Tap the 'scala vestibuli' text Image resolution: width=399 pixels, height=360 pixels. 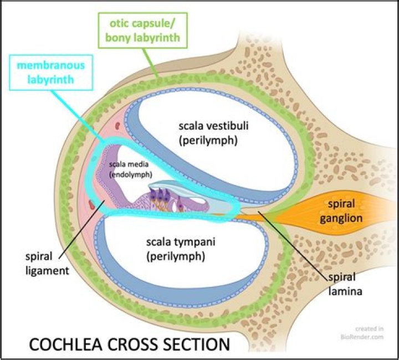coord(213,126)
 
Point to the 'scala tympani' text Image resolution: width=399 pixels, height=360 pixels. coord(181,242)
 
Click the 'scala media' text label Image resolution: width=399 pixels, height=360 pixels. coord(129,164)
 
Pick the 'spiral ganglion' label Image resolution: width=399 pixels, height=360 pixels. coord(341,211)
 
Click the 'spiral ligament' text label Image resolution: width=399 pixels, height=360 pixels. coord(47,264)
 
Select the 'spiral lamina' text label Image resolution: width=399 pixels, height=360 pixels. coord(345,284)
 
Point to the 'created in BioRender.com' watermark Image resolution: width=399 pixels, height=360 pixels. coord(362,333)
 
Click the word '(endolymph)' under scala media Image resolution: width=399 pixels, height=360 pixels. coord(131,174)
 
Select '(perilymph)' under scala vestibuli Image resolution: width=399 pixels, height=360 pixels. coord(208,140)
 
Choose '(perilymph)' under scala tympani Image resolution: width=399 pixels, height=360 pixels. coord(176,256)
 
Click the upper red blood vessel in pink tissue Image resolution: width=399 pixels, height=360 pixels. coord(117,126)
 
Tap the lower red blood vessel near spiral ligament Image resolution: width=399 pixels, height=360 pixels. coord(91,205)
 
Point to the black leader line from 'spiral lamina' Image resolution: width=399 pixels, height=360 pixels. coord(293,245)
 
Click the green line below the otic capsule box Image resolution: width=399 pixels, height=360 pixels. coord(151,62)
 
